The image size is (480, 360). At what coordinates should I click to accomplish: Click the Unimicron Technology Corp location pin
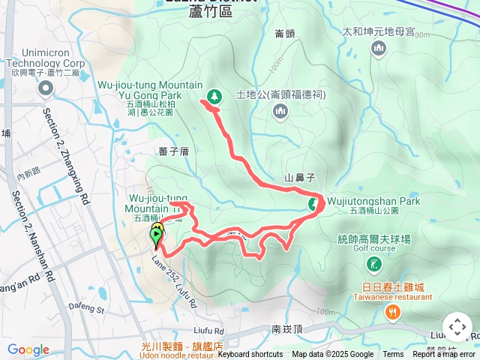(x=46, y=90)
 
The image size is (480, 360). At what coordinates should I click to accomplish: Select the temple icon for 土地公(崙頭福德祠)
(x=281, y=112)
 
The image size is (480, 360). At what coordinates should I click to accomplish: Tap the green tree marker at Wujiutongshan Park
(x=313, y=204)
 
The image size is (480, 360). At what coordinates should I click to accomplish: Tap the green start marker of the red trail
(x=156, y=235)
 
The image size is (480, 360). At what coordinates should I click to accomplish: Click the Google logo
(x=28, y=349)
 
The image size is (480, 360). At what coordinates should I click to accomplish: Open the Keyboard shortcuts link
(x=250, y=355)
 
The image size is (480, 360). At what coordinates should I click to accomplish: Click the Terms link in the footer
(x=393, y=355)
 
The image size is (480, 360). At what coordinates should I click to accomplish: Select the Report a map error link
(x=444, y=355)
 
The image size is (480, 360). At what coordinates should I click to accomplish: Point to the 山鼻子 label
(x=298, y=178)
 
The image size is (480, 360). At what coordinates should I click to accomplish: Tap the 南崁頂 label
(x=286, y=328)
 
